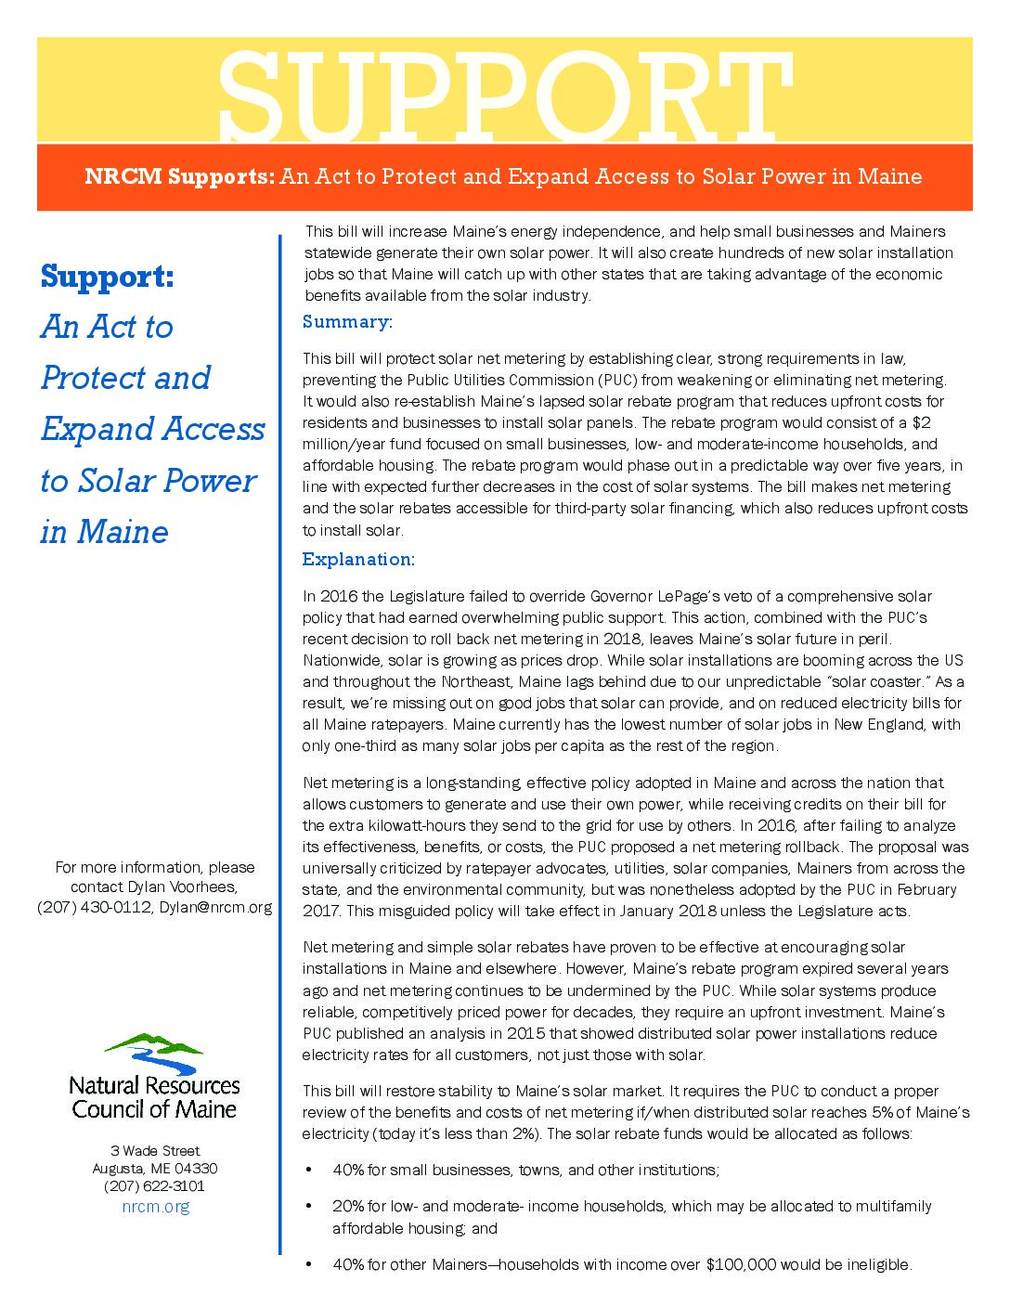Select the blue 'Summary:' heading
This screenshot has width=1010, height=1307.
[347, 322]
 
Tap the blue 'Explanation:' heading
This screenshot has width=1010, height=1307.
[358, 560]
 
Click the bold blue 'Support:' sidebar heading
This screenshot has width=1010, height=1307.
[107, 277]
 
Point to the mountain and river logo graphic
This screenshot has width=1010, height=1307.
[154, 1053]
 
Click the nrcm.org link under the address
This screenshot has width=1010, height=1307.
[155, 1207]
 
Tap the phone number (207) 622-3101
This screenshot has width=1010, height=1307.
[154, 1186]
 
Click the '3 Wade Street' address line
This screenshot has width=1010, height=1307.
[155, 1151]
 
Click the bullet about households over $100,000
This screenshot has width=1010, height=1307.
[622, 1264]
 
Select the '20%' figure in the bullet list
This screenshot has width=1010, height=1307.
[347, 1207]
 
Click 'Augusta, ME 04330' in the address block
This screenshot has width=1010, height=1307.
[155, 1169]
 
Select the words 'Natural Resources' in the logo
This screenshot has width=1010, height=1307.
[154, 1085]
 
